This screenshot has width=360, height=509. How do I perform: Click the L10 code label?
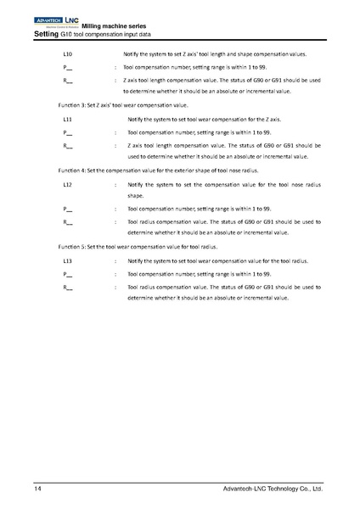pyautogui.click(x=67, y=54)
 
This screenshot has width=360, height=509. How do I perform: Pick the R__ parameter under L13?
pyautogui.click(x=67, y=288)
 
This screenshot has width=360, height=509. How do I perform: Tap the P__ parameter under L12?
pyautogui.click(x=67, y=208)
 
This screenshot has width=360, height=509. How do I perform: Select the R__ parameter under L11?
pyautogui.click(x=67, y=145)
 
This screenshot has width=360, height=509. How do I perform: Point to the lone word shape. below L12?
pyautogui.click(x=135, y=195)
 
